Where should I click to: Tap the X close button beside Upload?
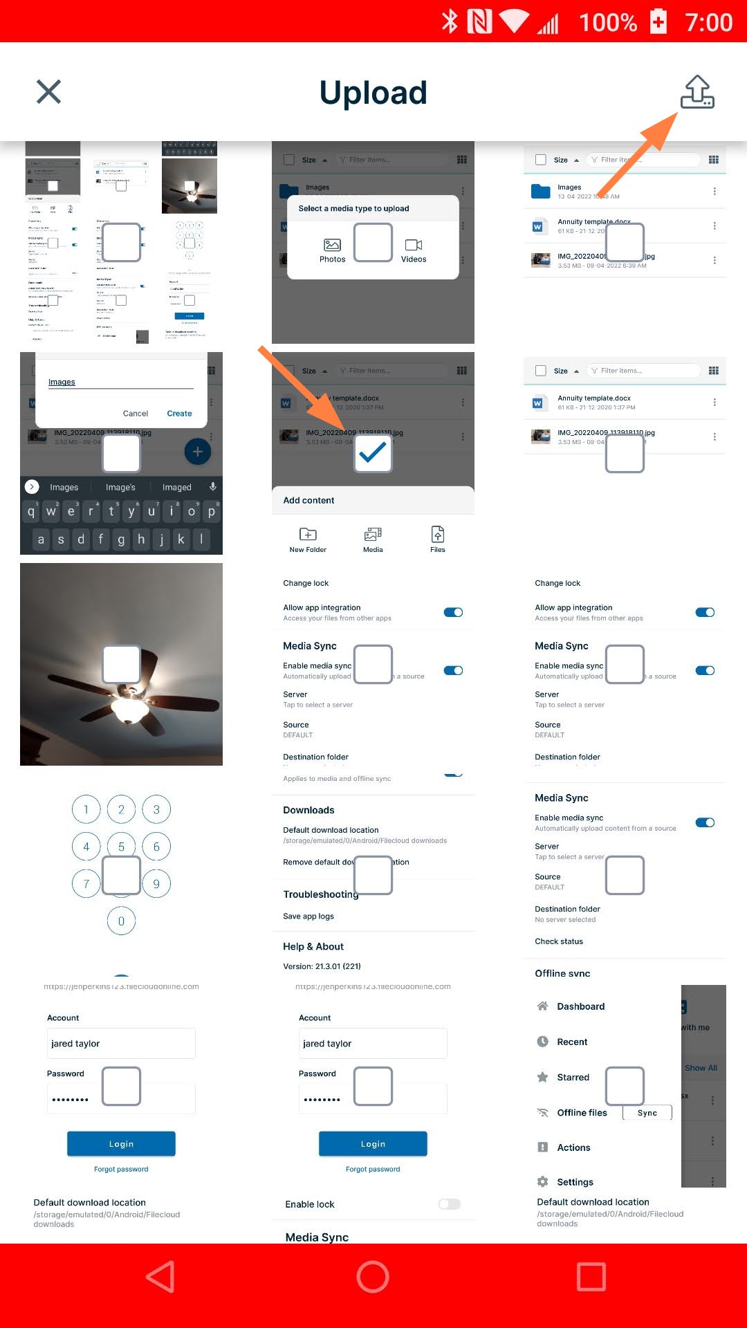tap(48, 91)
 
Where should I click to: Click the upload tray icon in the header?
tap(697, 93)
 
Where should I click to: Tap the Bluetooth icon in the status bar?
tap(450, 21)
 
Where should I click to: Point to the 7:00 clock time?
tap(708, 22)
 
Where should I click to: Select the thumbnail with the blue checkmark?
tap(373, 453)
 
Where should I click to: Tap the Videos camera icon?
tap(414, 245)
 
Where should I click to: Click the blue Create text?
tap(179, 414)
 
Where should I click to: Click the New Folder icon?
tap(308, 535)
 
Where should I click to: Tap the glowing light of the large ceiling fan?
tap(130, 709)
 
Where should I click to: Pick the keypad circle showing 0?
tap(121, 921)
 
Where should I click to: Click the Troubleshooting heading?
tap(320, 894)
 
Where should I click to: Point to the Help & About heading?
tap(313, 946)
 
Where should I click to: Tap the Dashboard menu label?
tap(580, 1006)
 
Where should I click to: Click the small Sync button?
tap(647, 1113)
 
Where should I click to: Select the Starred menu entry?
tap(573, 1077)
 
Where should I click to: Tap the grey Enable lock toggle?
tap(449, 1204)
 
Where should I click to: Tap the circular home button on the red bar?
tap(373, 1276)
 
